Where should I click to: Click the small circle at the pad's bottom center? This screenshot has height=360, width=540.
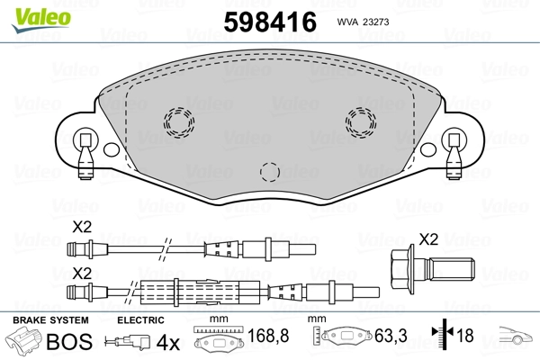click(x=268, y=170)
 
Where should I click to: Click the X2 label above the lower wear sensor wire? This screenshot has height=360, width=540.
click(x=83, y=272)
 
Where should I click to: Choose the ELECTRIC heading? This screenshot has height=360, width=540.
click(x=141, y=319)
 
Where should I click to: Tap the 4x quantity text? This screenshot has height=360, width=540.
click(x=168, y=343)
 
